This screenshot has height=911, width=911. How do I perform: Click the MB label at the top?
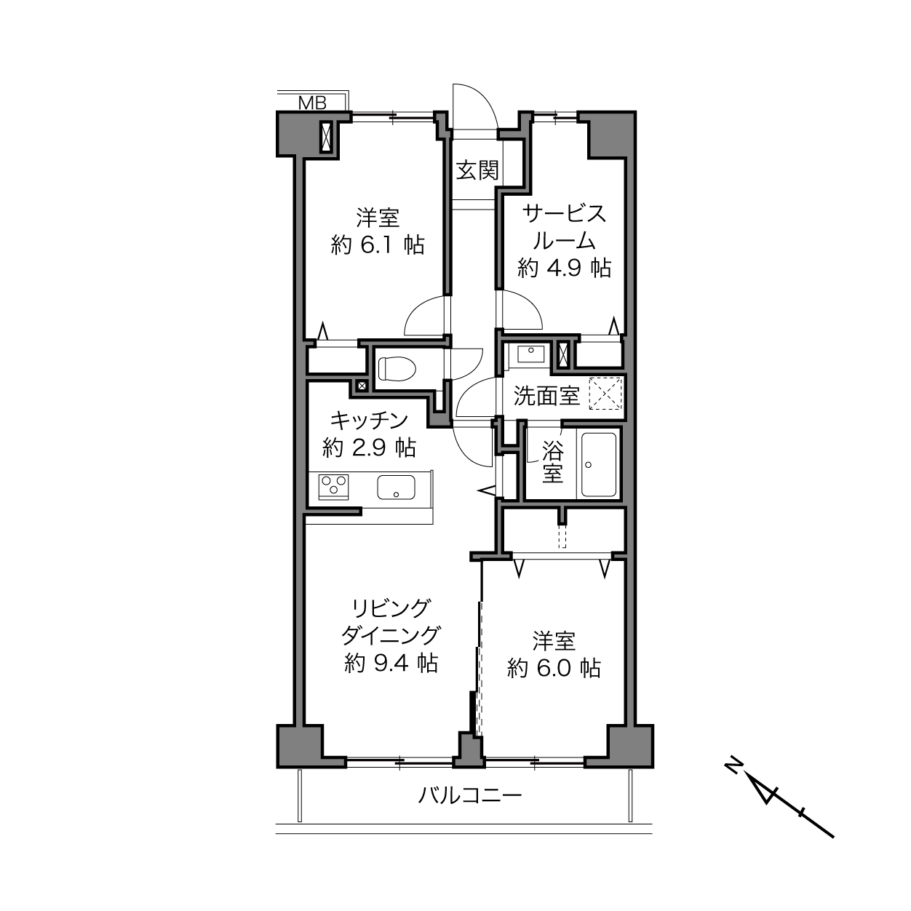pyautogui.click(x=312, y=103)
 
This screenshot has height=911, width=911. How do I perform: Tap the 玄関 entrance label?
pyautogui.click(x=477, y=170)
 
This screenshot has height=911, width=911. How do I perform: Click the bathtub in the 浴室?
pyautogui.click(x=599, y=464)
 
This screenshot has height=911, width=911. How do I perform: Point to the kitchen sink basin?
pyautogui.click(x=396, y=488)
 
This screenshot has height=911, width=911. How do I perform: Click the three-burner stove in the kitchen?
pyautogui.click(x=334, y=487)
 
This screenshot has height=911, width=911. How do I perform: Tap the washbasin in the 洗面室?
pyautogui.click(x=530, y=354)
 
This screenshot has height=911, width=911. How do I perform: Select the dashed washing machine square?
pyautogui.click(x=605, y=393)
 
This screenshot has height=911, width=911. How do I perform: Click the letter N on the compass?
pyautogui.click(x=733, y=776)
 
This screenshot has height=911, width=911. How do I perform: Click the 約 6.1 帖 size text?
pyautogui.click(x=377, y=245)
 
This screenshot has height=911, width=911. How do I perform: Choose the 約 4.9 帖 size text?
pyautogui.click(x=565, y=268)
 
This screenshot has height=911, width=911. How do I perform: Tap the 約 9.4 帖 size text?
pyautogui.click(x=391, y=664)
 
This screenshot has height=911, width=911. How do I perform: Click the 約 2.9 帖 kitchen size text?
pyautogui.click(x=369, y=447)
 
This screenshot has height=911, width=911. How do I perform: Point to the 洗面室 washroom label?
pyautogui.click(x=546, y=396)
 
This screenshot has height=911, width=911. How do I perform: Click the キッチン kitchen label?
pyautogui.click(x=369, y=420)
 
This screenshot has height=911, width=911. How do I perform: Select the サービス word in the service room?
pyautogui.click(x=564, y=214)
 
